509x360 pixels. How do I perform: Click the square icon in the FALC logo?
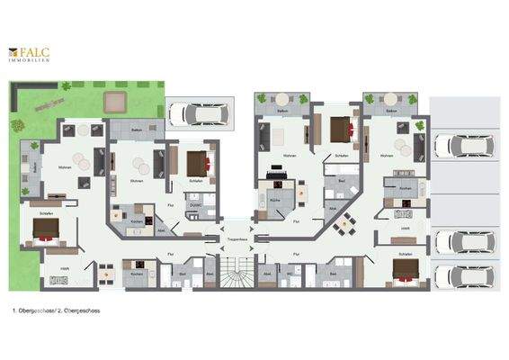click(x=13, y=51)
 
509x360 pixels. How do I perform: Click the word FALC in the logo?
click(x=35, y=51)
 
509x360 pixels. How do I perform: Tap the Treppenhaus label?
click(x=235, y=241)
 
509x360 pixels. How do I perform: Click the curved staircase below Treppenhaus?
click(x=235, y=269)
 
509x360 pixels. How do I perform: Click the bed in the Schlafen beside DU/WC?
click(x=197, y=165)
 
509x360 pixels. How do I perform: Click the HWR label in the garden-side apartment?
click(x=66, y=268)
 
